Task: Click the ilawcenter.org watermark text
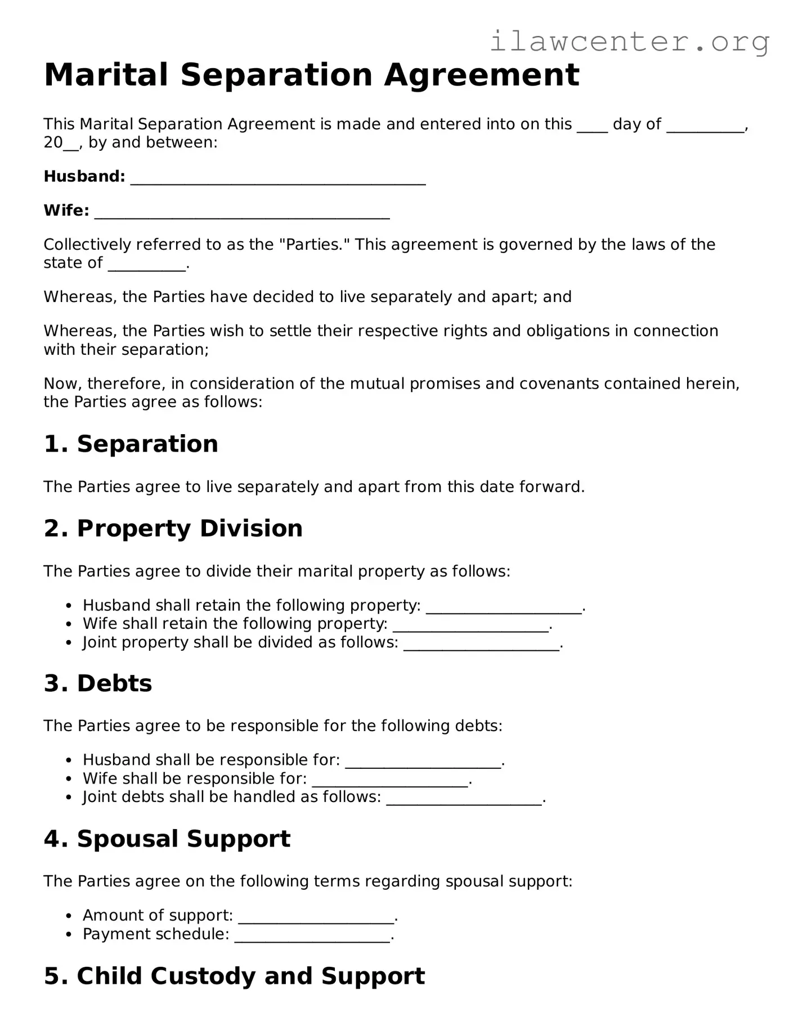coord(629,42)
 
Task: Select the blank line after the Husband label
coord(277,179)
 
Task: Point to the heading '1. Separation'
coord(131,444)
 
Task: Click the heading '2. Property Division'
coord(173,528)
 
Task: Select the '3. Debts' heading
coord(98,683)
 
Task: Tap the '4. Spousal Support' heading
coord(167,839)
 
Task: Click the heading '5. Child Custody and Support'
coord(234,976)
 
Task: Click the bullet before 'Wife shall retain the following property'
coord(69,624)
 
